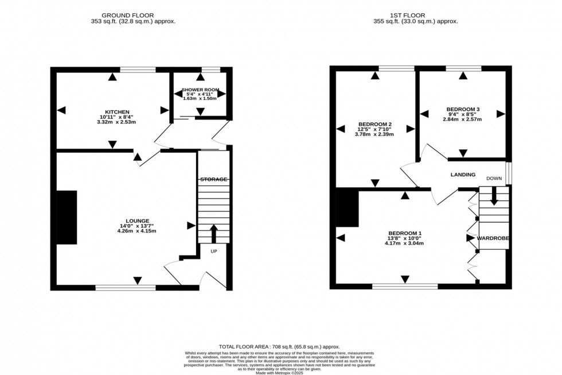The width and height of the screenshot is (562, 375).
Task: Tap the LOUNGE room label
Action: pos(136,221)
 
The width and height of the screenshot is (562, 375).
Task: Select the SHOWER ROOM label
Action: pos(200,90)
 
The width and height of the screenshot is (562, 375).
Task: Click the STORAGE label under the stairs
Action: pos(214,180)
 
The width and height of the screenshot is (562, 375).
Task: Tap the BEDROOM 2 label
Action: pos(374,124)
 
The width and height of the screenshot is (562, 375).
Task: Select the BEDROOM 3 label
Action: pos(462,109)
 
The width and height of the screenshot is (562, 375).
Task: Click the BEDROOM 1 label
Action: pos(404,233)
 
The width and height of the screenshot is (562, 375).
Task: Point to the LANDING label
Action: pos(462,175)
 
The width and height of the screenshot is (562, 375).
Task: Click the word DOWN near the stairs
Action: pos(494,179)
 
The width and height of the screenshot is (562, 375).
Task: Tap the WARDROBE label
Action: pos(493,238)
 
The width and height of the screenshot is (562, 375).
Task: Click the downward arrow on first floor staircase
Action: pos(494,200)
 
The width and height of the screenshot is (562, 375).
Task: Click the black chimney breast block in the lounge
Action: pos(67,217)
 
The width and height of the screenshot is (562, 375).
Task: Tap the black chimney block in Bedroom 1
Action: pos(348,208)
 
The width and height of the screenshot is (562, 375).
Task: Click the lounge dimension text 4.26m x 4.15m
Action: pos(136,231)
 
